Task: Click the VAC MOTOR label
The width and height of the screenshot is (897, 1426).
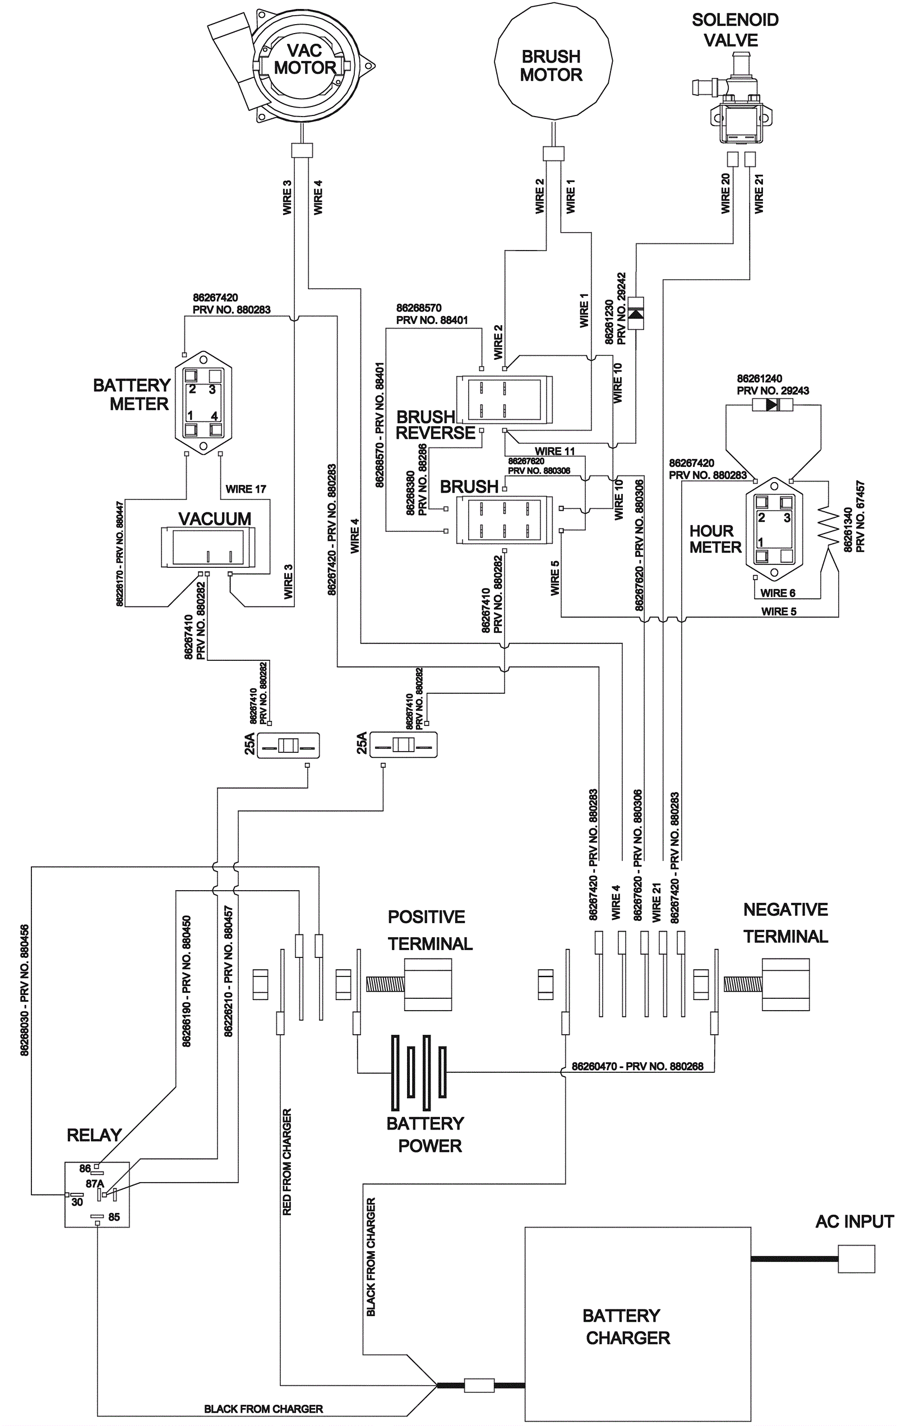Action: (x=304, y=59)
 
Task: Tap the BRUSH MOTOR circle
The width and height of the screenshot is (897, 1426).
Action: (x=552, y=65)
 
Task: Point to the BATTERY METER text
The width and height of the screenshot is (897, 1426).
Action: (x=132, y=395)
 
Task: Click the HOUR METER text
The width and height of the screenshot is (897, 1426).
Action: (x=715, y=539)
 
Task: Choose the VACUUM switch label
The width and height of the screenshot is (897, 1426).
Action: (x=215, y=518)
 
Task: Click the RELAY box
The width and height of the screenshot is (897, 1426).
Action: (x=96, y=1193)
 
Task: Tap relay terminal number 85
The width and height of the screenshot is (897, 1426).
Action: (x=114, y=1217)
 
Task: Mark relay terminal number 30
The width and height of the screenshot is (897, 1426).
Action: (x=77, y=1202)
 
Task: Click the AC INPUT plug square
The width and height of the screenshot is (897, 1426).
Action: (x=856, y=1259)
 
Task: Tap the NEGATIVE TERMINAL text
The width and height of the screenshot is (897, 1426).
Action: (x=785, y=923)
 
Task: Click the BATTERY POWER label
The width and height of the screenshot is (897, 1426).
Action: (x=426, y=1135)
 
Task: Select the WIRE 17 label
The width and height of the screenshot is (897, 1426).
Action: (x=246, y=489)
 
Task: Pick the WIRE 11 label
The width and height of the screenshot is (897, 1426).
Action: (x=554, y=451)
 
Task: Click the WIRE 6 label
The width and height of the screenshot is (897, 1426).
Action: (x=778, y=593)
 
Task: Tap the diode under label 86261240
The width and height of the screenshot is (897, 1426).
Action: (x=772, y=405)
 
